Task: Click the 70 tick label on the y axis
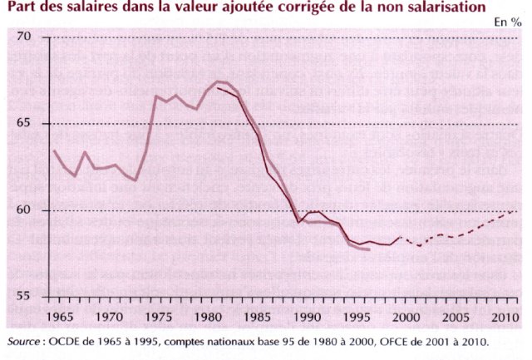coord(22,37)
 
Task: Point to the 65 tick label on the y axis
coord(22,124)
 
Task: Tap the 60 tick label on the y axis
coord(22,210)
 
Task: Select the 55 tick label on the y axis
coord(22,296)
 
